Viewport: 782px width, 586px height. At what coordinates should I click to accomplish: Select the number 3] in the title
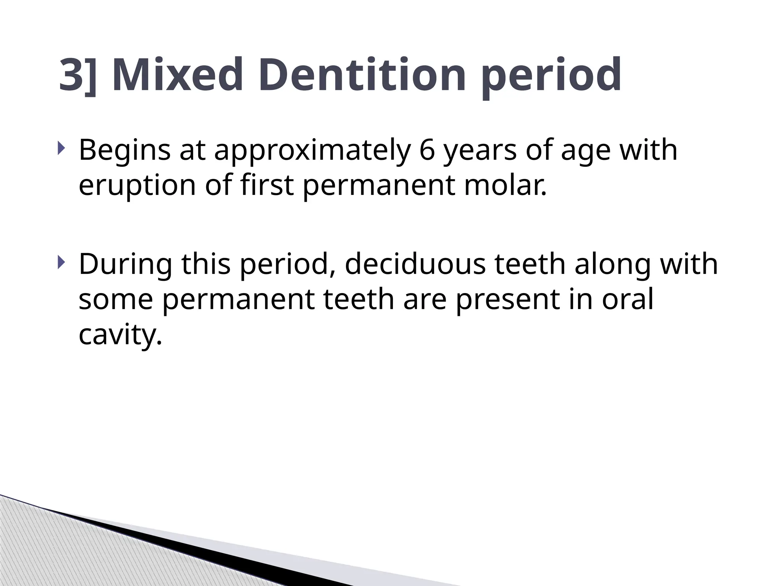point(78,75)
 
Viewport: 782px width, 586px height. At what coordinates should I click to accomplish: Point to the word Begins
point(124,151)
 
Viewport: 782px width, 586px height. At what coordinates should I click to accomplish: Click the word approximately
point(312,151)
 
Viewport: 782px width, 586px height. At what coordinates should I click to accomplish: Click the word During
point(125,264)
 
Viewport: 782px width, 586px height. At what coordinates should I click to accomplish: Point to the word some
point(116,299)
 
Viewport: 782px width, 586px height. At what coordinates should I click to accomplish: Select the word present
point(508,300)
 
